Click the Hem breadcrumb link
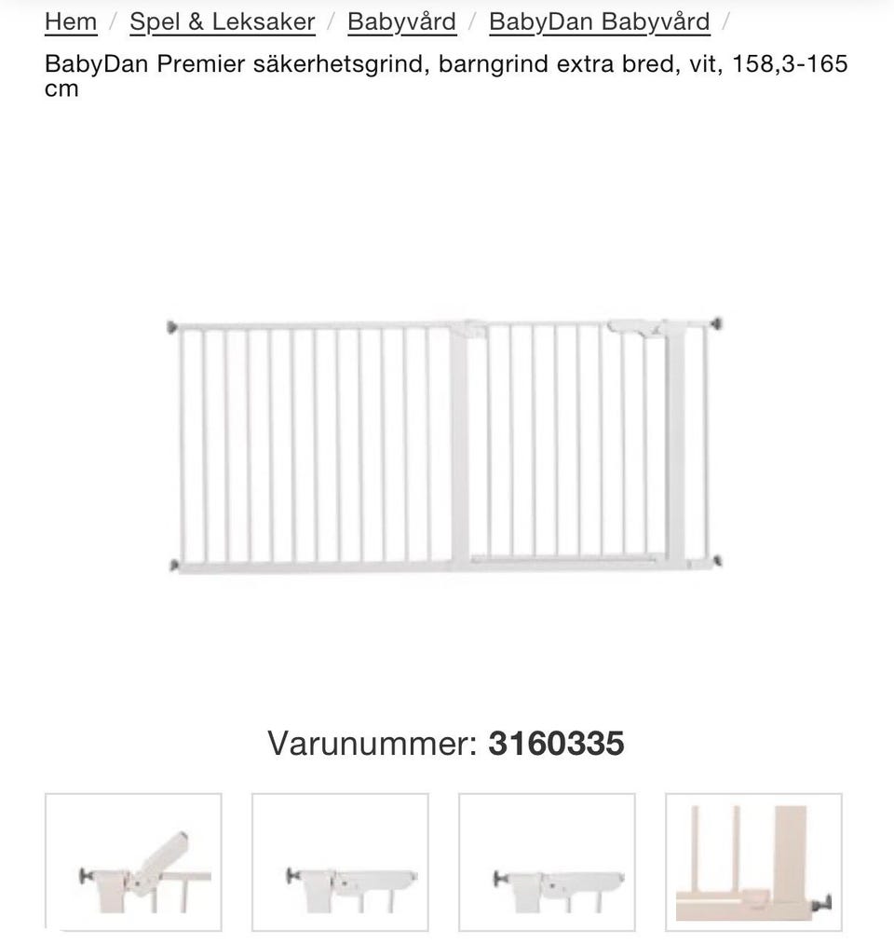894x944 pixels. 71,21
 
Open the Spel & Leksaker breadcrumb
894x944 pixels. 222,21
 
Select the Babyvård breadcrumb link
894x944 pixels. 401,21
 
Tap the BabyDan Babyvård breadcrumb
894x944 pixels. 599,21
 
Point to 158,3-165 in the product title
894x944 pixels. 790,64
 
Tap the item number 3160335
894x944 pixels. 556,744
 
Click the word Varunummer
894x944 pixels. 372,744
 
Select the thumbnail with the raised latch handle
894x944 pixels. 133,862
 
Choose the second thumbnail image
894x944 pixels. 340,862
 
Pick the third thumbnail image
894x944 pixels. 547,862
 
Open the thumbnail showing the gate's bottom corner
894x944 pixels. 753,862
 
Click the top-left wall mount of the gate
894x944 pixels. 172,327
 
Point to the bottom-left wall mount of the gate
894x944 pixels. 173,565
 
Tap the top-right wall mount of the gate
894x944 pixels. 715,324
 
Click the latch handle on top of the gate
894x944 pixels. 637,328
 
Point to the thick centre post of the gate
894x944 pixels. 459,447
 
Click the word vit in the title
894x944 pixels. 701,64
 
